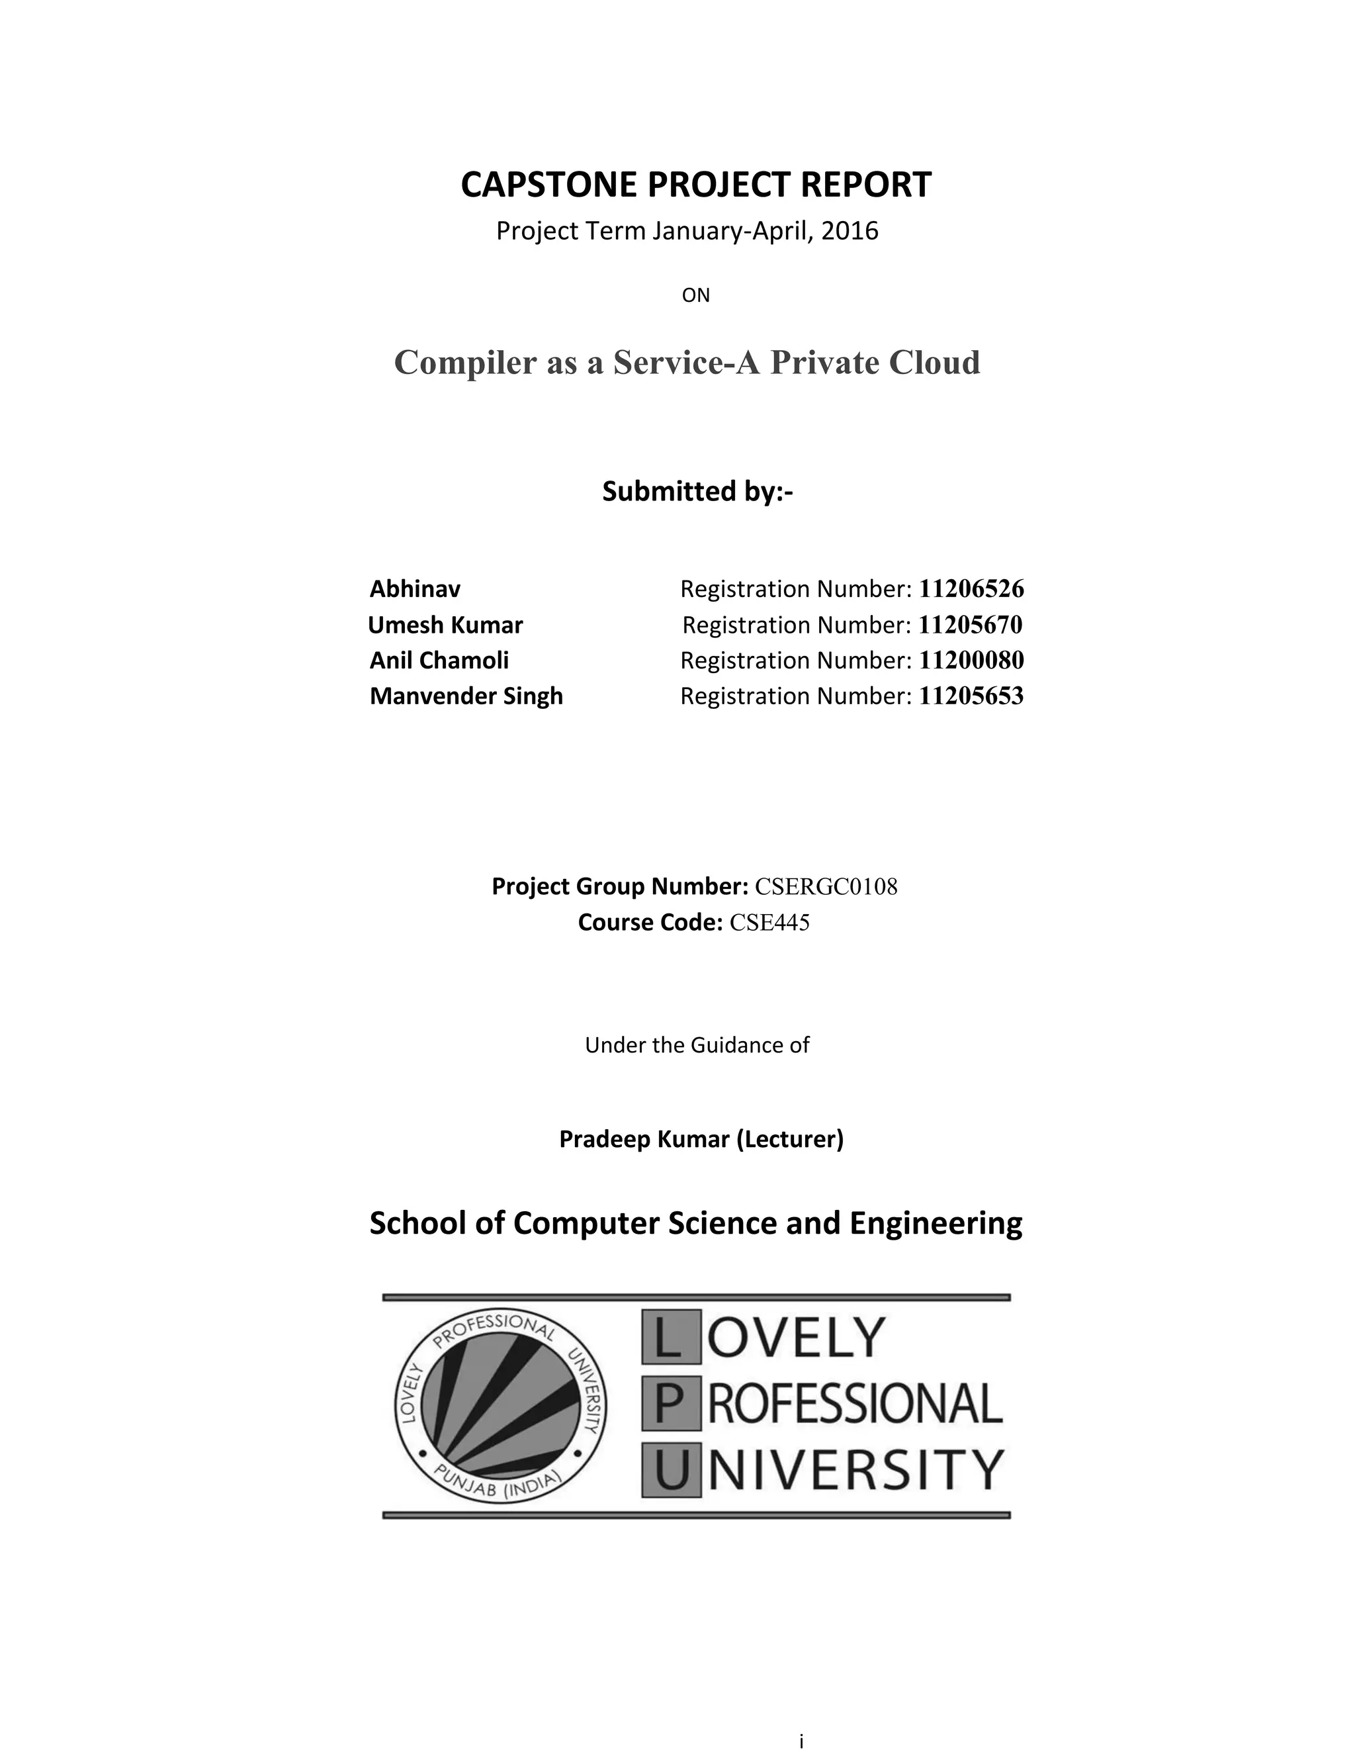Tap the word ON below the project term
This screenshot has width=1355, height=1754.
695,296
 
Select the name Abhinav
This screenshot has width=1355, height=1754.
415,588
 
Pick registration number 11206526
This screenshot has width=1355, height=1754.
971,588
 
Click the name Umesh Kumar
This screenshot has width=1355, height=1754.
445,625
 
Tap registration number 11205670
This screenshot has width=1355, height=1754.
970,625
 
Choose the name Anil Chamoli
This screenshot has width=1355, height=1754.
439,660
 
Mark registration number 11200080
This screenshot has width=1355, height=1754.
971,660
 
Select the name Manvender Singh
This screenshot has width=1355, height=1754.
466,696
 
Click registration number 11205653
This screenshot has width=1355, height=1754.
971,696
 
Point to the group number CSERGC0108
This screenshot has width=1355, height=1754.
826,887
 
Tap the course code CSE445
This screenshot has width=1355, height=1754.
769,923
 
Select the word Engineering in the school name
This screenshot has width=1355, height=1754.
936,1223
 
